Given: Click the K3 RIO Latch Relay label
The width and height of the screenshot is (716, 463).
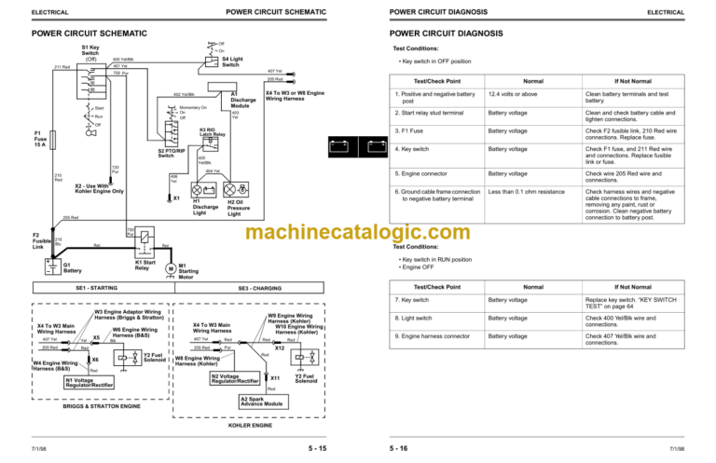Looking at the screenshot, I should (x=212, y=131).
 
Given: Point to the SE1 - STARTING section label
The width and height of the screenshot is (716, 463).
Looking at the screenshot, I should (x=96, y=289).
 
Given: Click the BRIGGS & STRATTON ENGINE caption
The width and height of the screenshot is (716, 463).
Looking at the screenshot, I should (x=102, y=406).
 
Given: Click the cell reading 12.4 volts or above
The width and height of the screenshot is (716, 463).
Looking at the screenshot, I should (x=513, y=94).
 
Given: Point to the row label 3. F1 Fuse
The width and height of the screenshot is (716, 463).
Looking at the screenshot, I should (x=410, y=130).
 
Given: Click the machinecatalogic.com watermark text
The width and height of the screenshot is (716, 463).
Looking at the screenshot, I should (x=358, y=232).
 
